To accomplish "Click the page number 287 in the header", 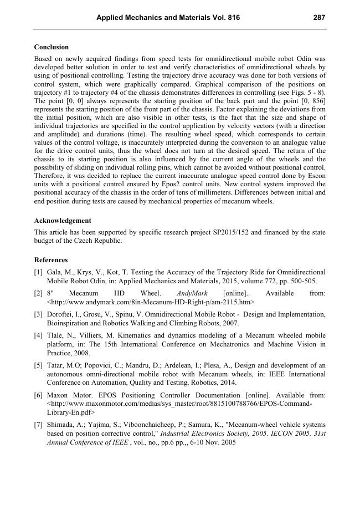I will tap(319, 18).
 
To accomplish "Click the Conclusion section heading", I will tap(52, 47).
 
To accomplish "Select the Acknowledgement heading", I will tap(63, 221).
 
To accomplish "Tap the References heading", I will tap(51, 260).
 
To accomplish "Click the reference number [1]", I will tap(38, 272).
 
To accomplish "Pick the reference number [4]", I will tap(38, 335).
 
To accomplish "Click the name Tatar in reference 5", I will tap(58, 365).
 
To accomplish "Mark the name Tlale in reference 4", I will tap(57, 335).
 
